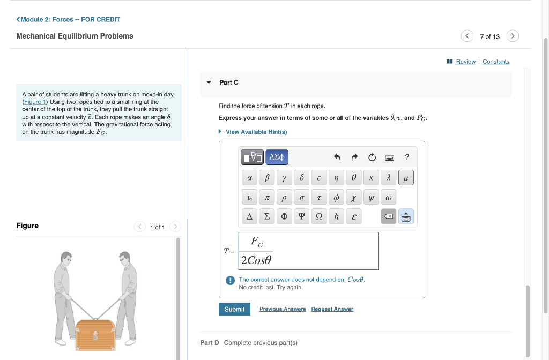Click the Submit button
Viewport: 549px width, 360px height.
coord(234,309)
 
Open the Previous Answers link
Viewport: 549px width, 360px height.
coord(283,309)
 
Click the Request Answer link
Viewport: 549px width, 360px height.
coord(332,309)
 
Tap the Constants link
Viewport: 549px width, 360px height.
coord(496,62)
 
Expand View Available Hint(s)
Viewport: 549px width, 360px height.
coord(256,132)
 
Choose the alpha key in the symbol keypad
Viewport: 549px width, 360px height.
coord(249,177)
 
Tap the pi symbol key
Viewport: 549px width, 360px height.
coord(266,197)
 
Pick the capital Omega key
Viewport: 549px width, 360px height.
coord(318,216)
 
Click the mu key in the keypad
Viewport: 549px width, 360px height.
coord(406,177)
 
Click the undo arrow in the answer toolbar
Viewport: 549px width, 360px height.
coord(337,157)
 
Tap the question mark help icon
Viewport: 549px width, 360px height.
coord(407,157)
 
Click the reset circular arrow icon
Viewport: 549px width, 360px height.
coord(372,157)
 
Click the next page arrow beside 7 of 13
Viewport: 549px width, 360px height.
coord(513,36)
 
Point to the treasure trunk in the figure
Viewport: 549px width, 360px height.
coord(95,334)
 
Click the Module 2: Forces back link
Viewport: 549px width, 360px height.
coord(68,19)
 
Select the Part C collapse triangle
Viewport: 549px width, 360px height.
coord(209,82)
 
